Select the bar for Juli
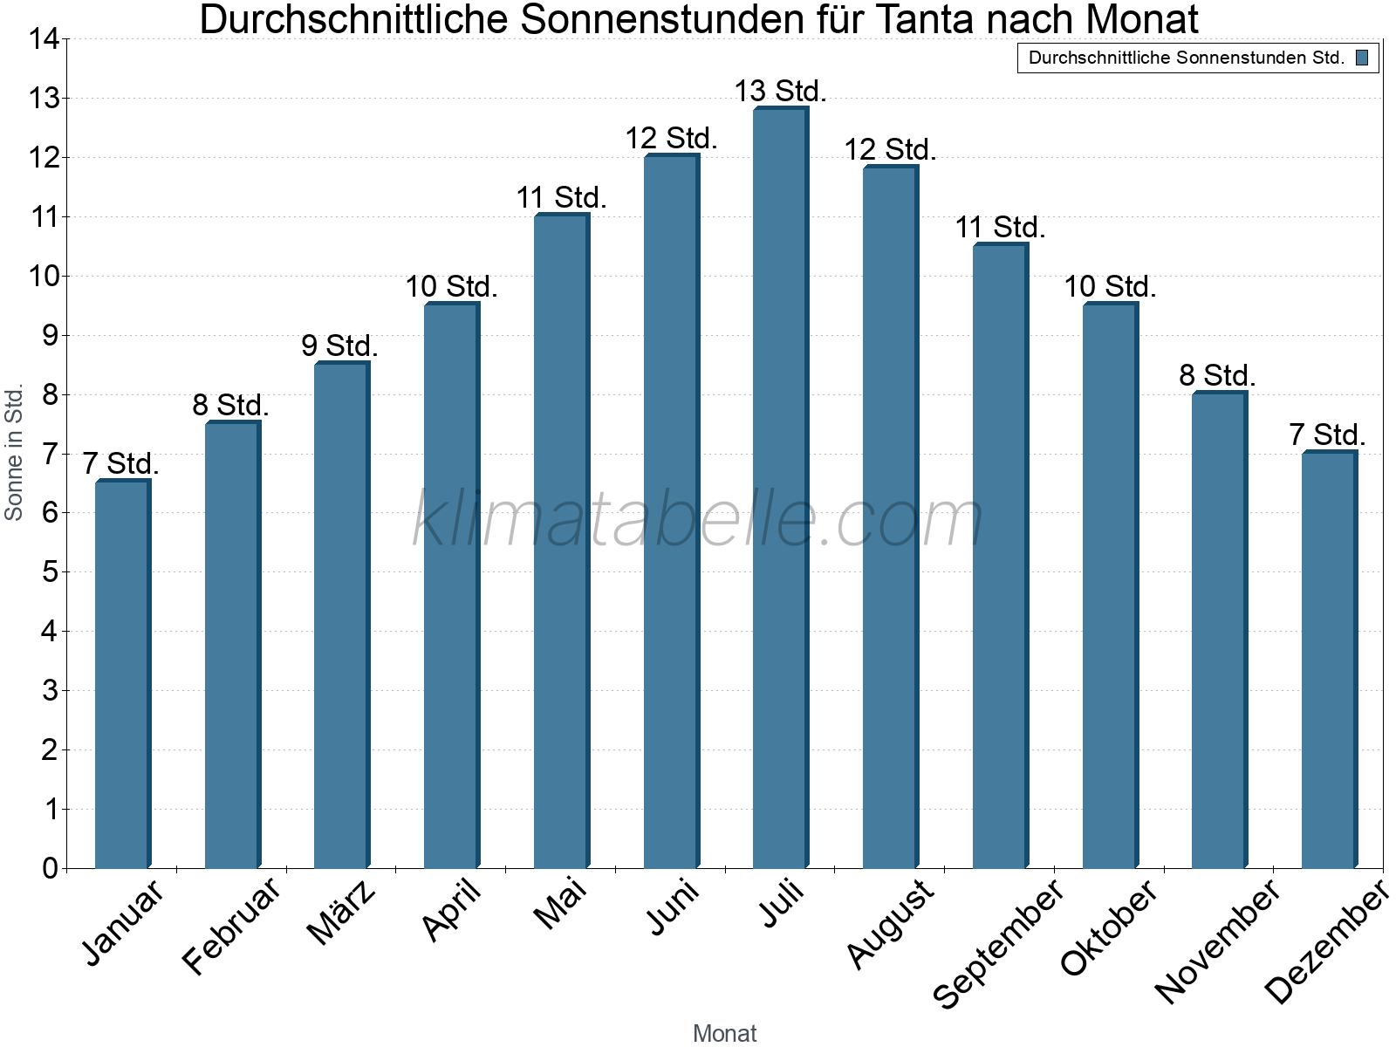click(x=780, y=489)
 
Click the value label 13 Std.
click(x=780, y=91)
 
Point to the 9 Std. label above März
click(x=339, y=346)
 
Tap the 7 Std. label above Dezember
click(x=1327, y=435)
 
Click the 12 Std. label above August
click(x=890, y=150)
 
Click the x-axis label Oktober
click(x=1109, y=927)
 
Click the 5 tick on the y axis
click(x=49, y=572)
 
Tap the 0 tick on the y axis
click(x=49, y=868)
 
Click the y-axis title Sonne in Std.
click(x=14, y=453)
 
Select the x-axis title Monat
click(x=724, y=1033)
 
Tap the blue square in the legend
click(x=1362, y=58)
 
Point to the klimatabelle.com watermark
click(x=698, y=520)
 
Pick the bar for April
click(x=451, y=585)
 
